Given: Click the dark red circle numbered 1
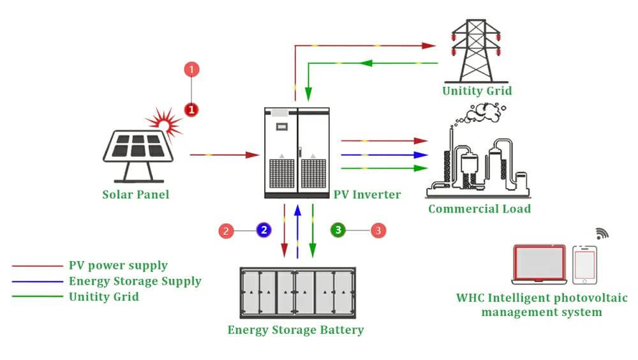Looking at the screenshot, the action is coord(191,110).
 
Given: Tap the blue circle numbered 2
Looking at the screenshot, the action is coord(263,230).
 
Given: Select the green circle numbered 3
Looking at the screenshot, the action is coord(338,230).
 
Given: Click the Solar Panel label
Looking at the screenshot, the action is coord(135,194).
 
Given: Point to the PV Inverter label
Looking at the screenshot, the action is coord(367,194).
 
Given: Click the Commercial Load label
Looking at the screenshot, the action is coord(479,209).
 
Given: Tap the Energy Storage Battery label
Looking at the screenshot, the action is coord(295,329).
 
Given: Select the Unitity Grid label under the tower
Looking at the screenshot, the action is coord(477,91).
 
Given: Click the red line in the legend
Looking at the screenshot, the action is coord(38,266).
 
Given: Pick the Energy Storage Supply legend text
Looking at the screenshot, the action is coord(135,281).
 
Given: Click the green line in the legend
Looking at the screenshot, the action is coord(38,296).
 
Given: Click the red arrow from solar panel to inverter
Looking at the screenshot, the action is coord(225,154).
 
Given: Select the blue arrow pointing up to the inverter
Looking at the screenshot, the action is coord(297,231).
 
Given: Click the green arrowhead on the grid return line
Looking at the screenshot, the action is coord(366,63).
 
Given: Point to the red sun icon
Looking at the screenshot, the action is coord(165,123).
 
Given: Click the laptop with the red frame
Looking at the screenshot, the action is coord(539,264).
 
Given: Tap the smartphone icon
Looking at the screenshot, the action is coord(584,265).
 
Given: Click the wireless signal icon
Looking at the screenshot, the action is coord(602,234).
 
